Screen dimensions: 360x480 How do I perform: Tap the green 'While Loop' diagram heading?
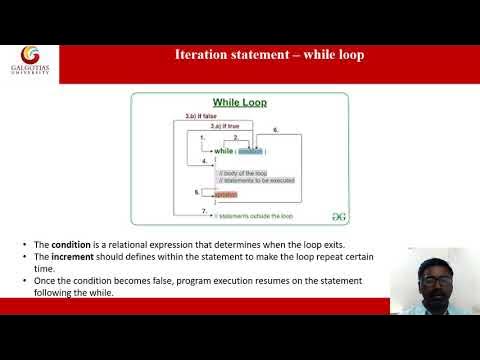[x=240, y=103]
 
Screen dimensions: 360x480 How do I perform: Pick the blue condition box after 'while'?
[x=250, y=151]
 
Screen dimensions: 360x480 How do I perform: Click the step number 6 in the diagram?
[x=275, y=130]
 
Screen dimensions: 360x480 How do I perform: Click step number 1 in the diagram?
[x=202, y=137]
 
